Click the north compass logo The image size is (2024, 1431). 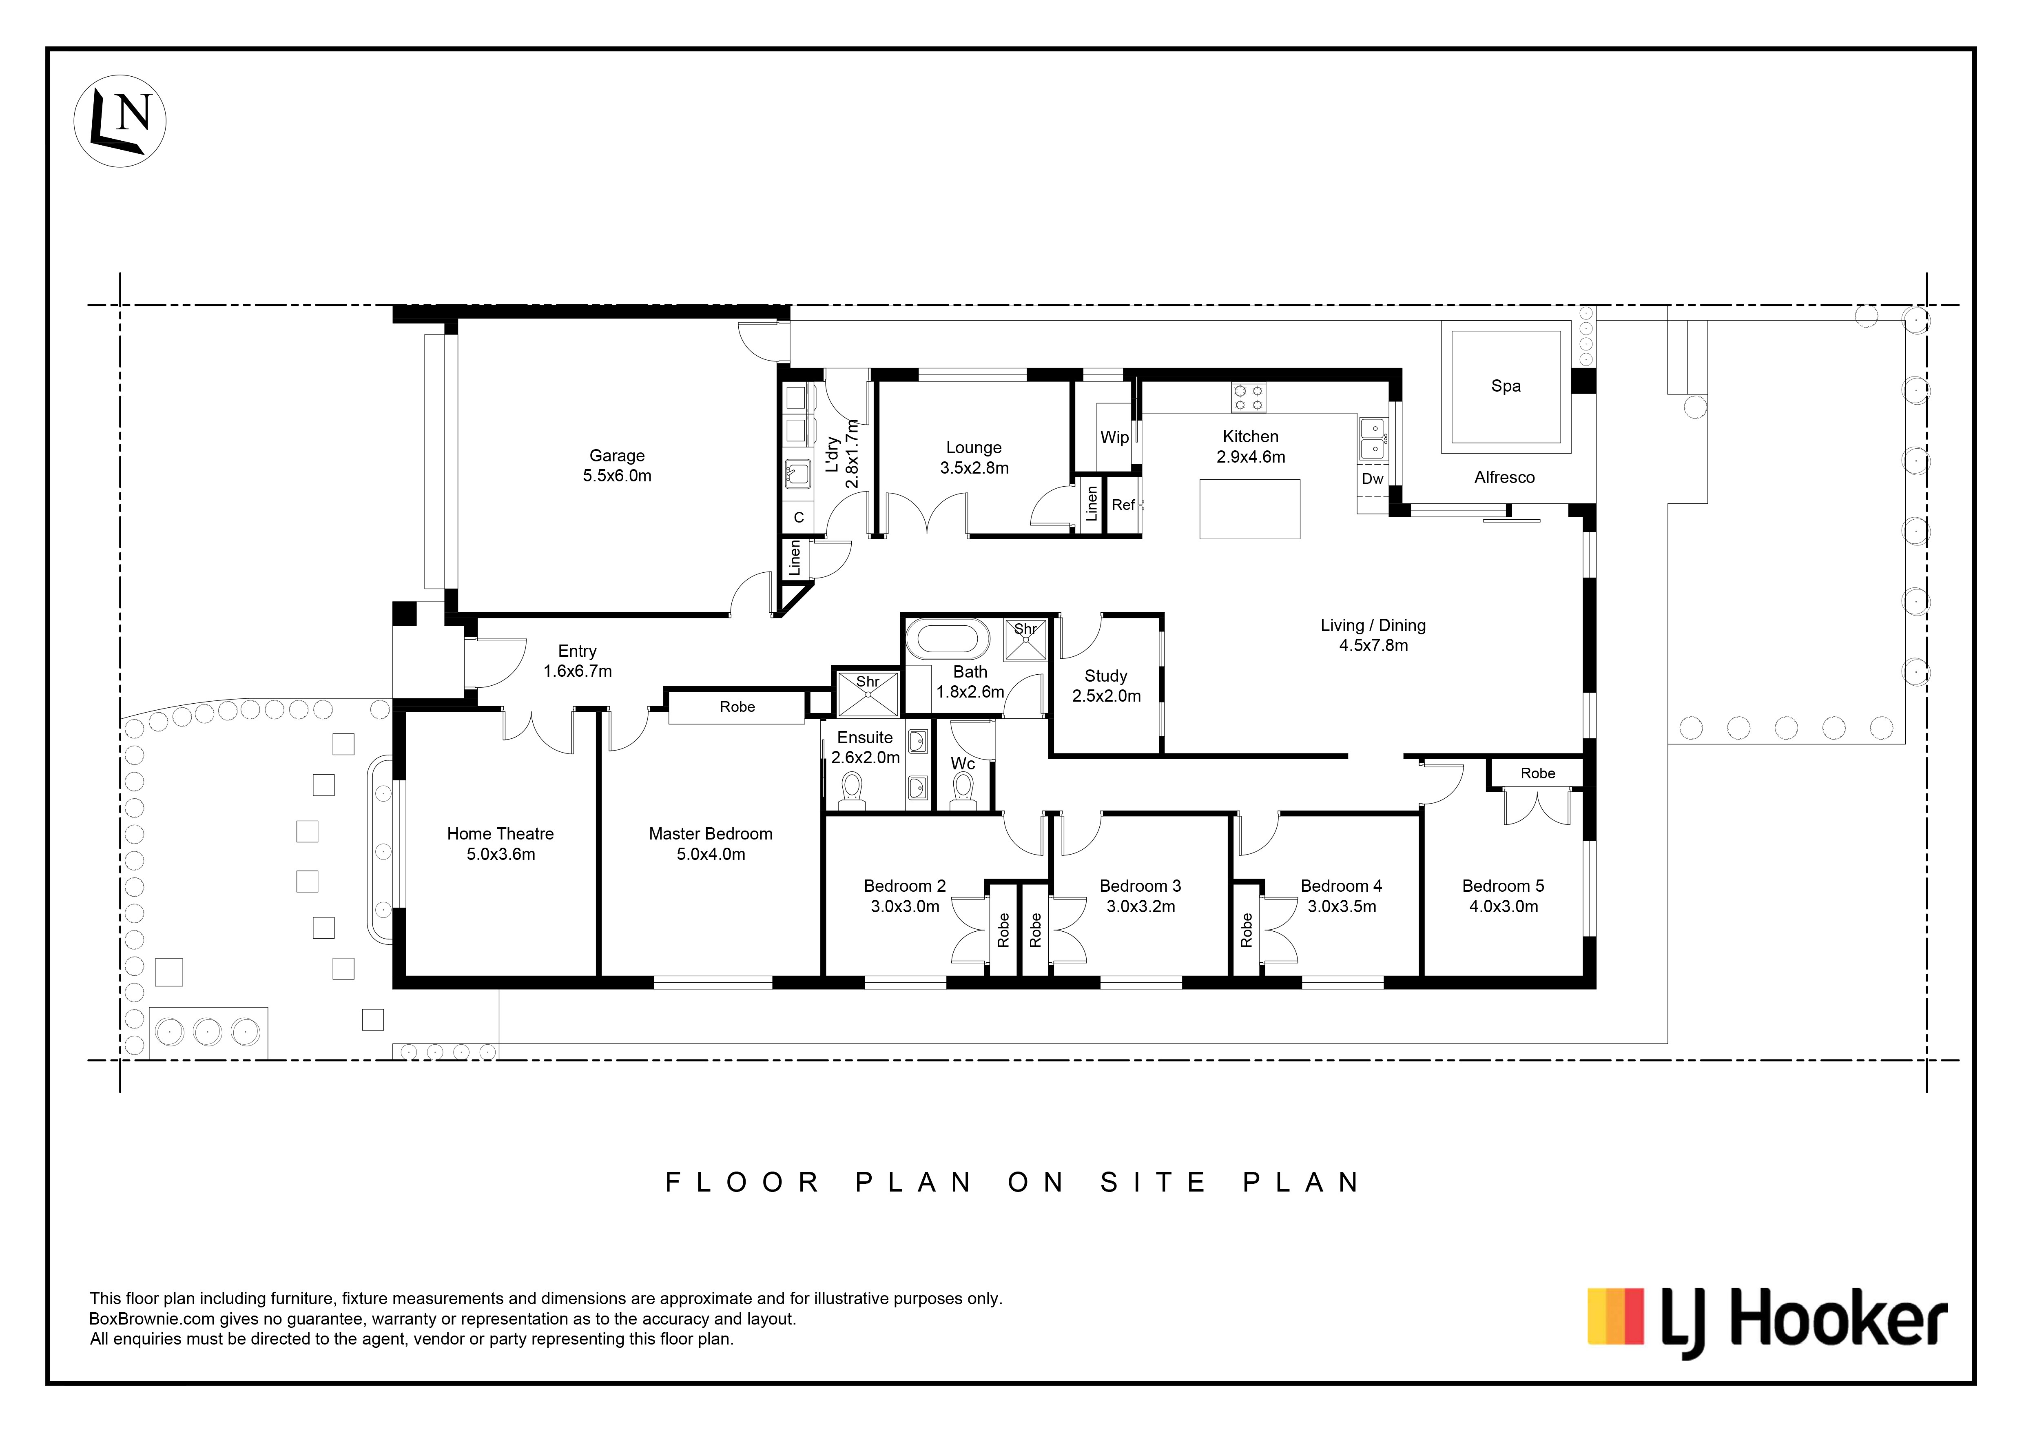(120, 121)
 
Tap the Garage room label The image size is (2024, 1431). (617, 456)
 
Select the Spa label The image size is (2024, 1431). (1506, 386)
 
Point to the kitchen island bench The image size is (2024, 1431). (1250, 509)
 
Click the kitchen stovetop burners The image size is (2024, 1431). (1248, 398)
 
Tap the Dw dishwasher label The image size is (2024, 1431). (1373, 479)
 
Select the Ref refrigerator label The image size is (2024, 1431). (1123, 505)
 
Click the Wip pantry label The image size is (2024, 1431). (1114, 437)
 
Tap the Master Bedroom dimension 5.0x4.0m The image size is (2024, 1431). (711, 854)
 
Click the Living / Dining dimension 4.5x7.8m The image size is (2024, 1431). (1373, 645)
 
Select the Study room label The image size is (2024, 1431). (1105, 676)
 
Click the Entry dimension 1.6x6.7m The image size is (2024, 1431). (578, 671)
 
